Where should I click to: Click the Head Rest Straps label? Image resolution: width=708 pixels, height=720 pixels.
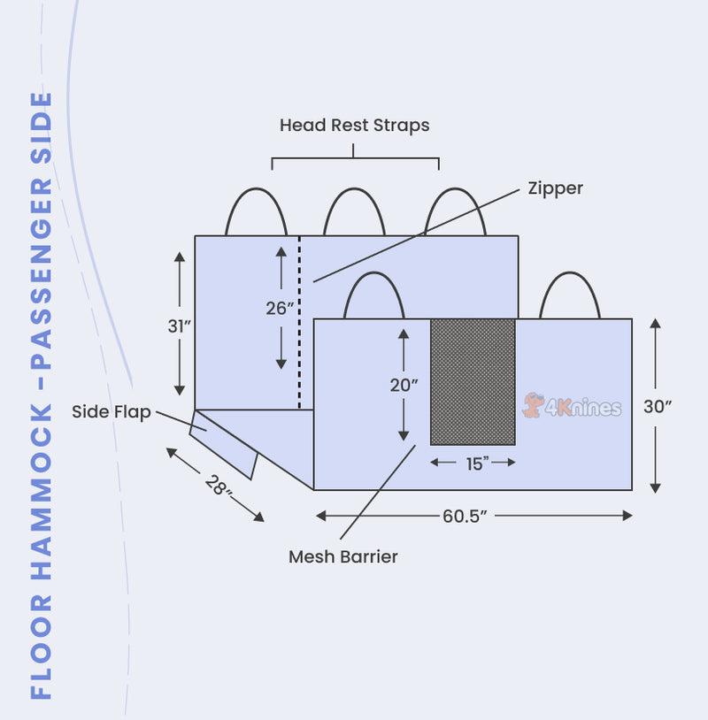click(x=354, y=126)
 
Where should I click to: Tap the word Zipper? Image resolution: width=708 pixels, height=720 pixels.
click(x=555, y=188)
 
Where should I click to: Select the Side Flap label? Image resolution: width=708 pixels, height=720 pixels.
click(x=111, y=411)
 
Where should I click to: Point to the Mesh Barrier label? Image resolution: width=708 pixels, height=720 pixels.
click(x=342, y=557)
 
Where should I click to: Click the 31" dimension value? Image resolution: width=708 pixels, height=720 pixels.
click(x=180, y=326)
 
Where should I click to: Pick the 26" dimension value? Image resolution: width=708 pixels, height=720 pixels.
click(x=280, y=308)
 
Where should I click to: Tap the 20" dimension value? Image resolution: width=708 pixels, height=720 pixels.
click(x=404, y=385)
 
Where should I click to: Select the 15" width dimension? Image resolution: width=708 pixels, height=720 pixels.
click(x=473, y=463)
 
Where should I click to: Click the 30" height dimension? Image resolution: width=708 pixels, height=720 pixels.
click(x=658, y=407)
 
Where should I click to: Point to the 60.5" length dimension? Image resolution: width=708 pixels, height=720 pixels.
click(x=466, y=516)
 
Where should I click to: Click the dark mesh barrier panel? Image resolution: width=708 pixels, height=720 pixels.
click(x=473, y=380)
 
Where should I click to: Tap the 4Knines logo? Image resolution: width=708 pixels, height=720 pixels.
click(x=573, y=406)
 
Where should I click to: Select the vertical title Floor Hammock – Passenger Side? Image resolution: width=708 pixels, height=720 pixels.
click(x=42, y=396)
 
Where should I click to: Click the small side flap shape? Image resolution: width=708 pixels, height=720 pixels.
click(x=225, y=443)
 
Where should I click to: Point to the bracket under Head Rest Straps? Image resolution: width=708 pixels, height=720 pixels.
click(x=354, y=160)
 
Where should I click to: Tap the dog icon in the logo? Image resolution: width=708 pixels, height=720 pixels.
click(x=533, y=405)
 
